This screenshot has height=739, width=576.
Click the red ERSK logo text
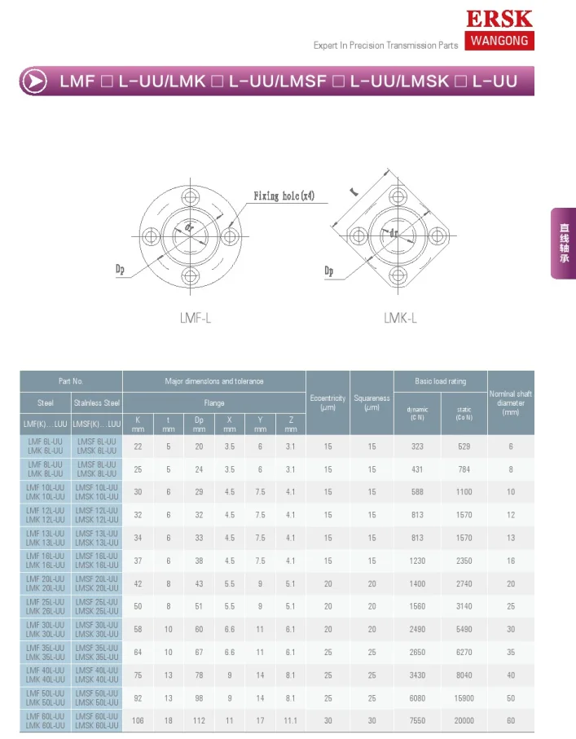(499, 19)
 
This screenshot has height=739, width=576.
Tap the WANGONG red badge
(499, 40)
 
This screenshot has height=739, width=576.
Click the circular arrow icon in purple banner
(34, 81)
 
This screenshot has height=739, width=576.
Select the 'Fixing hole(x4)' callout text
(284, 196)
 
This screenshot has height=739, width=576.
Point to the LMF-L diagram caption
(196, 319)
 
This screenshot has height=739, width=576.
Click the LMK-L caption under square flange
(400, 319)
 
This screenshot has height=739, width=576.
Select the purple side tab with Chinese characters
(563, 244)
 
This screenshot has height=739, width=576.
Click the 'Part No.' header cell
(71, 381)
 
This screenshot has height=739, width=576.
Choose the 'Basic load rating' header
(440, 381)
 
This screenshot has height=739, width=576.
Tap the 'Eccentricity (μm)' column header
(328, 402)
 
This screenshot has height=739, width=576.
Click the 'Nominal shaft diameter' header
(511, 402)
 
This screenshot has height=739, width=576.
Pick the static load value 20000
(464, 720)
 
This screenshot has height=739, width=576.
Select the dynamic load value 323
(418, 446)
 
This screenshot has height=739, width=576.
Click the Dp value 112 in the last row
(199, 720)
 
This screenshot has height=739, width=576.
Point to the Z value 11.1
(291, 720)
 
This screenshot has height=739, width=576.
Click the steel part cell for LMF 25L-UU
(46, 606)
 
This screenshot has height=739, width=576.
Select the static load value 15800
(464, 697)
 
